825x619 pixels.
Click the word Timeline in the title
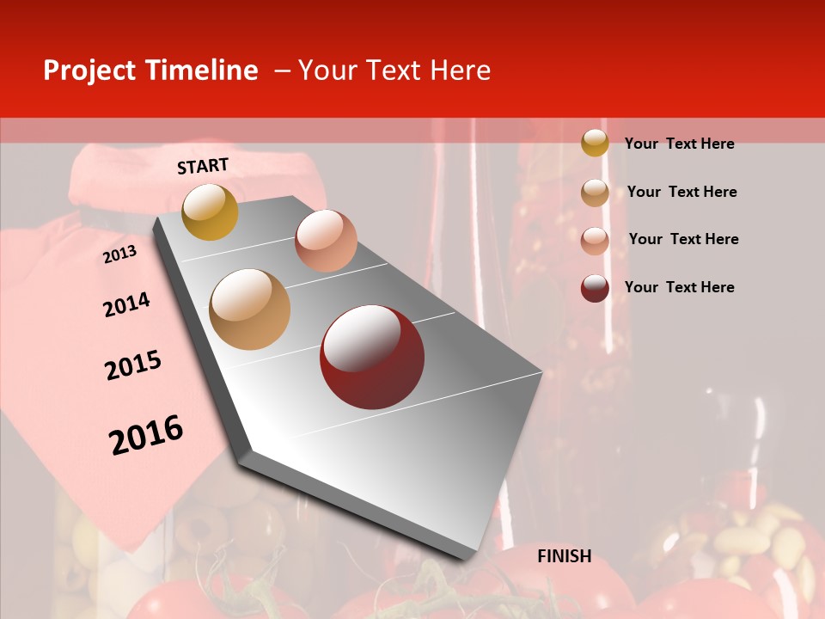(x=201, y=70)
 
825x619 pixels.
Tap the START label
(x=203, y=166)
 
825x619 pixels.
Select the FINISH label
(x=565, y=556)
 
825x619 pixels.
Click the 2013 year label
(x=119, y=254)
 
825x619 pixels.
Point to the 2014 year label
(x=126, y=304)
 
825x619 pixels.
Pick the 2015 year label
(x=133, y=366)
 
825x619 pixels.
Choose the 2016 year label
(x=146, y=434)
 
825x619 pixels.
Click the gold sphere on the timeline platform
(x=210, y=211)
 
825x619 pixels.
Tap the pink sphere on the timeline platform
(x=326, y=241)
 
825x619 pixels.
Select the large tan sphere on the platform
(x=250, y=309)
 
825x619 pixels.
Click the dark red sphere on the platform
(x=372, y=357)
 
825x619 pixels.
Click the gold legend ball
(x=595, y=143)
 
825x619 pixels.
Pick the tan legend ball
(x=595, y=193)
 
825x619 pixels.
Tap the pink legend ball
(x=595, y=241)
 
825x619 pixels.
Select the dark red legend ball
(x=595, y=288)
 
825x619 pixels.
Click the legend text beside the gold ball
(x=680, y=144)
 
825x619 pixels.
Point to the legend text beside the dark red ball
(x=680, y=287)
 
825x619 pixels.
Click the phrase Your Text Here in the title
(x=394, y=70)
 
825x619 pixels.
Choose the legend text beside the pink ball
(x=684, y=239)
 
